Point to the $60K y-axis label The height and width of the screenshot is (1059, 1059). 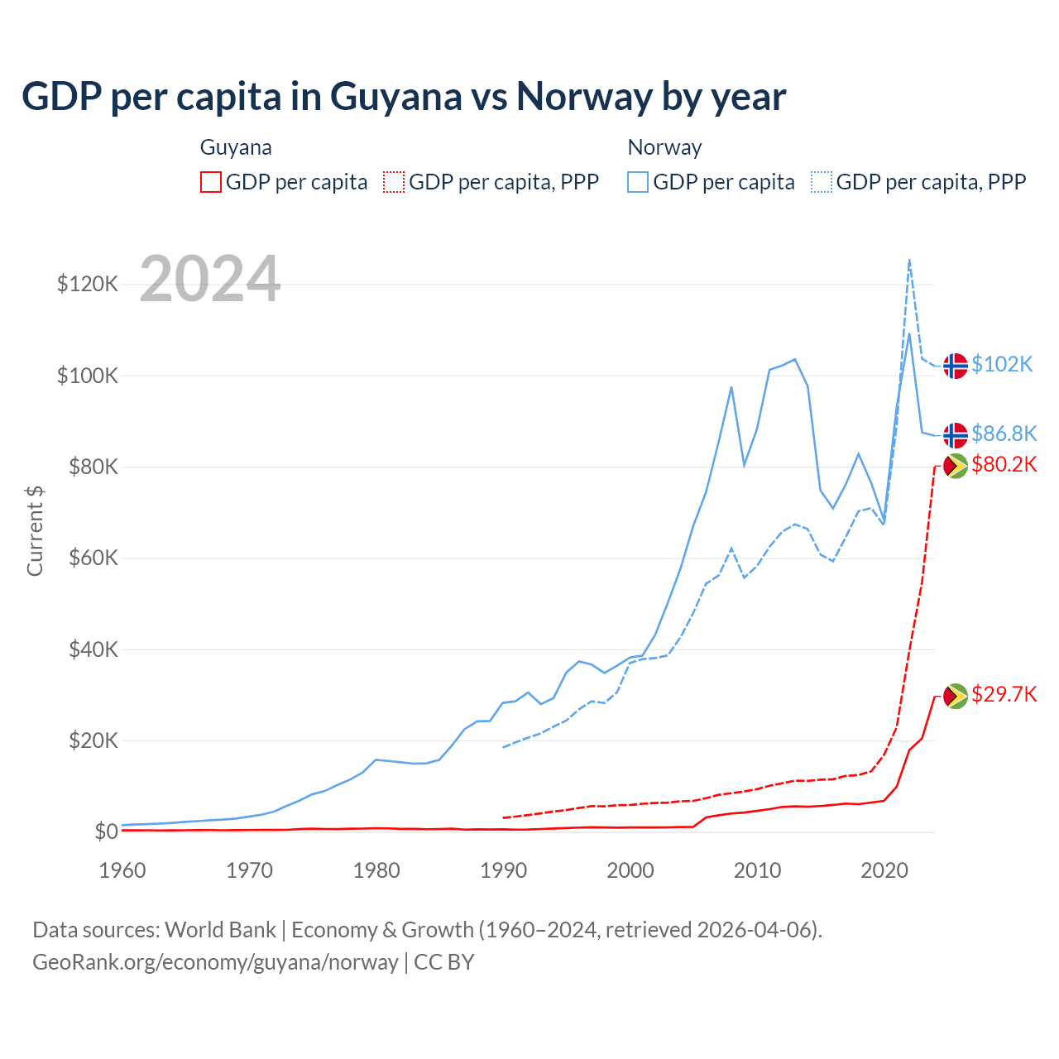coord(93,558)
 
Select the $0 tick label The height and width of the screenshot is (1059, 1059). coord(106,831)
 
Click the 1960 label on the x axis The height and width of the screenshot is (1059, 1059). coord(122,870)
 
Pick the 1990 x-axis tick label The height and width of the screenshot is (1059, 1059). coord(503,870)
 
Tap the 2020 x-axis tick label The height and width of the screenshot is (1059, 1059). coord(884,870)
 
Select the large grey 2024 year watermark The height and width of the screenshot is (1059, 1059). coord(210,279)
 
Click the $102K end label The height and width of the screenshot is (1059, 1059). coord(1002,364)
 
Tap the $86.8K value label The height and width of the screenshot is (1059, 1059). coord(1004,434)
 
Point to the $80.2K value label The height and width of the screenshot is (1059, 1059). coord(1004,464)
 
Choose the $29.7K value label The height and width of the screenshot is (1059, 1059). coord(1004,694)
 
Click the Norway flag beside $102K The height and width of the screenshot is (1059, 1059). coord(956,365)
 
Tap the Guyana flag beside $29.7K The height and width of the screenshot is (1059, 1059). coord(956,696)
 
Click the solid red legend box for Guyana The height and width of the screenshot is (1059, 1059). coord(211,182)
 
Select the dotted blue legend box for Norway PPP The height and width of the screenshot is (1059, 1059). coord(822,182)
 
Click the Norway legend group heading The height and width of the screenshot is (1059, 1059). coord(664,147)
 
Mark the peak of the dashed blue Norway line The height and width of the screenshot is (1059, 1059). coord(909,260)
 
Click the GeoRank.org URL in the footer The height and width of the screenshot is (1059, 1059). coord(215,962)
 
